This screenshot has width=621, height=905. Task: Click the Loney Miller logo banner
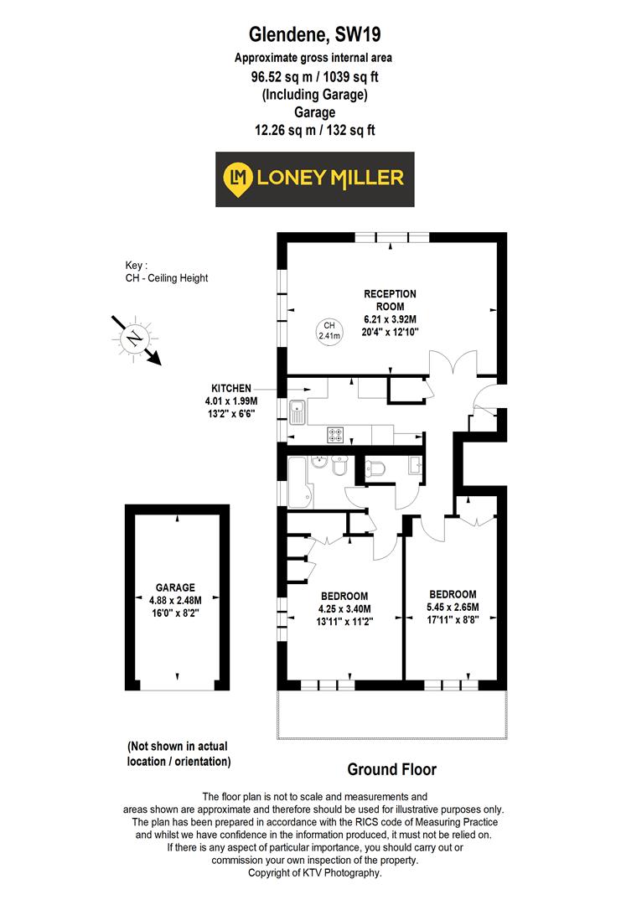tap(314, 178)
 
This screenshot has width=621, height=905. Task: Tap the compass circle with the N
tap(132, 338)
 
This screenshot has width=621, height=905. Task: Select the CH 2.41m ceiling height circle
tap(329, 331)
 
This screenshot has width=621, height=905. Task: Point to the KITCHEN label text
tap(230, 388)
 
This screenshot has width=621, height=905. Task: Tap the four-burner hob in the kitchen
tap(335, 434)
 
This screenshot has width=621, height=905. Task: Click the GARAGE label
tap(175, 587)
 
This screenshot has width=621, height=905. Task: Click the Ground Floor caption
tap(391, 769)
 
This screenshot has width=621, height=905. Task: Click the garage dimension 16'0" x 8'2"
tap(175, 613)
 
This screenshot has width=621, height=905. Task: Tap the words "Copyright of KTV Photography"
tap(314, 872)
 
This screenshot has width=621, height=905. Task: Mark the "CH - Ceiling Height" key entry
tap(167, 278)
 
